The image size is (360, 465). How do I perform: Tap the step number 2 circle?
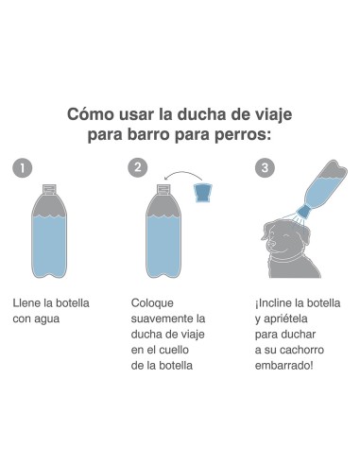coord(140,168)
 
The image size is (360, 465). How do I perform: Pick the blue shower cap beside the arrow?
coord(203,192)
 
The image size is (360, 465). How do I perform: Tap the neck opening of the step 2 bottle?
coord(164,188)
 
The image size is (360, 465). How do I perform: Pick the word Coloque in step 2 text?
coord(153,303)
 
